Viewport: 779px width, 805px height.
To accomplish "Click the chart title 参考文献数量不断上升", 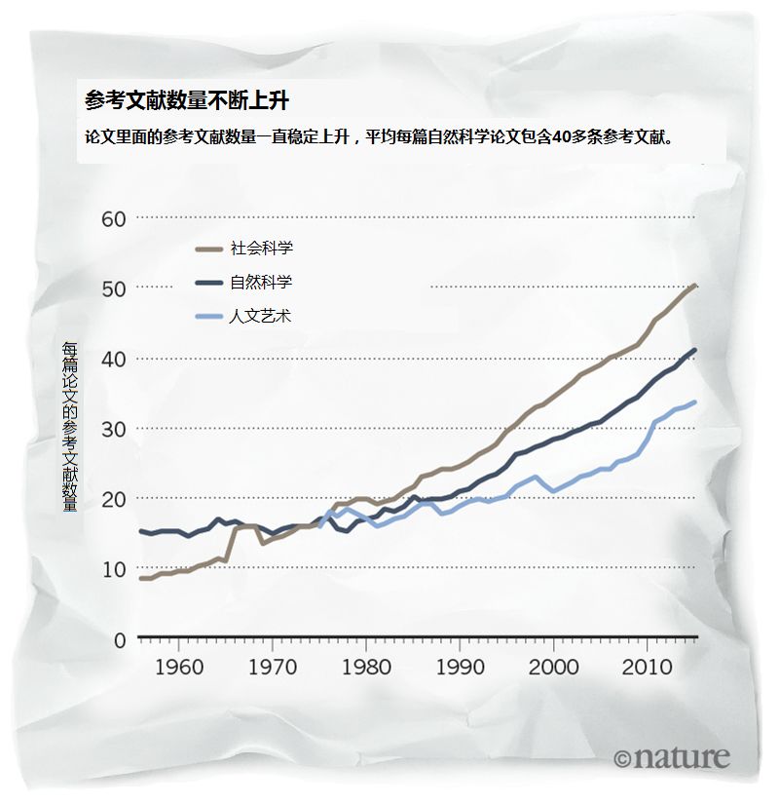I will point(186,100).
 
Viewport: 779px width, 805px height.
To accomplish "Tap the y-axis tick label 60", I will point(115,218).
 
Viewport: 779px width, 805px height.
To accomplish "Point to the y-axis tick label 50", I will point(115,289).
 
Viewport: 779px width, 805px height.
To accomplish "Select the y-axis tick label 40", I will point(115,360).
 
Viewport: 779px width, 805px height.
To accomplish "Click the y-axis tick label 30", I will point(115,430).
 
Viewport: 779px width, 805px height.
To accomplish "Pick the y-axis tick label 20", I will point(115,500).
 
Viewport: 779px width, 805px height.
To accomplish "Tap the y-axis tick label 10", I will point(115,570).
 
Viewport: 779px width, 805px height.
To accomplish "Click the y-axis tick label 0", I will point(121,640).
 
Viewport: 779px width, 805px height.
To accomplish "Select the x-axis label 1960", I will point(179,668).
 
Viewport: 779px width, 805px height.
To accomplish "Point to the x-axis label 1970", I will point(274,668).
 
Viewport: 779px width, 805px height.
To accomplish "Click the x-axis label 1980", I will point(367,668).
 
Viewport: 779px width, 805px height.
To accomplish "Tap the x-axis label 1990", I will point(461,668).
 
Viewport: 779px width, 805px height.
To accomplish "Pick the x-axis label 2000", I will point(555,668).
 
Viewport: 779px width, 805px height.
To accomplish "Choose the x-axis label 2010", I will point(649,668).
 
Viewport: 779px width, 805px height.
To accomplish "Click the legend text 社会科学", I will point(261,249).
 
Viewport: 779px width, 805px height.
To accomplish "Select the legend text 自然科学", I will point(261,283).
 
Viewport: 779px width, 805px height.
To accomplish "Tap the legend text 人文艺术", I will point(261,317).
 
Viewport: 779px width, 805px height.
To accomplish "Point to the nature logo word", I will point(681,757).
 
